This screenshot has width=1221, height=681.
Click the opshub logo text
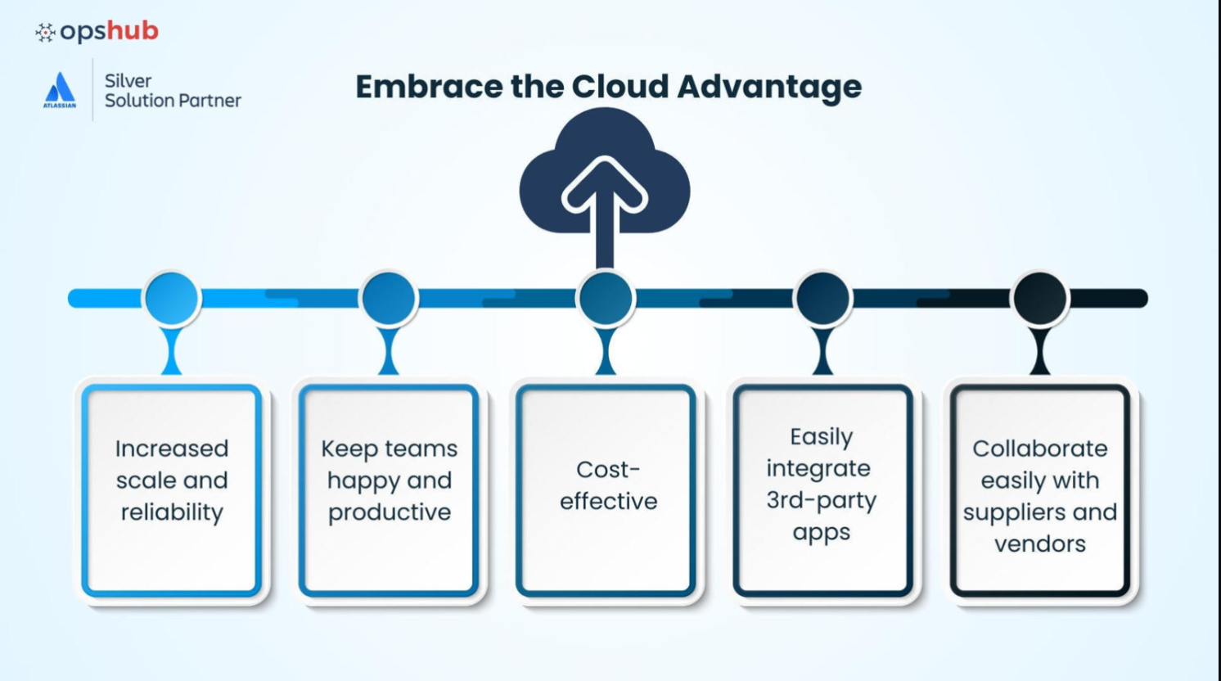click(108, 31)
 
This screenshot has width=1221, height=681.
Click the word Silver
click(128, 80)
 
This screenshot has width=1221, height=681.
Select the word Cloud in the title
click(621, 86)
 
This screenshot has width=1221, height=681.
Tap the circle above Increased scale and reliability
click(172, 298)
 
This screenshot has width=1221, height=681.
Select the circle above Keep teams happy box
click(389, 298)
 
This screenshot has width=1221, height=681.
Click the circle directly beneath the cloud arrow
click(606, 298)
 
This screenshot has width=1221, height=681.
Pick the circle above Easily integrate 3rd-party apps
click(822, 298)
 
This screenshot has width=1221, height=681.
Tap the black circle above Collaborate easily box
click(1039, 298)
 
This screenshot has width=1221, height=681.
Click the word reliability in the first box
click(172, 512)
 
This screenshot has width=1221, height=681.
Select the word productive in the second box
click(390, 512)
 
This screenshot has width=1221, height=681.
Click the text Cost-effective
click(608, 485)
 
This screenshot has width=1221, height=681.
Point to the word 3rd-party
click(821, 500)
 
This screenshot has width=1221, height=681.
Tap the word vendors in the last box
click(1039, 543)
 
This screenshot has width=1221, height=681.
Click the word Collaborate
click(1039, 449)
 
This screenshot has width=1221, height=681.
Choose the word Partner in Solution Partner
click(209, 101)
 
